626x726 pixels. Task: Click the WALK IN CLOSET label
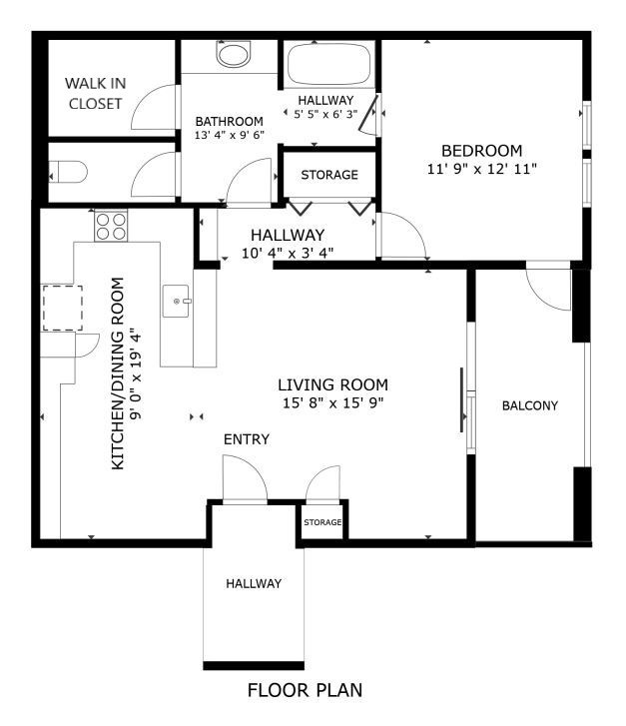(96, 94)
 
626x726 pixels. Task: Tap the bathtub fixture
(329, 64)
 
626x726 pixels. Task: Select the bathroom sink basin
(233, 54)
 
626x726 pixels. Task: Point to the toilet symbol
(68, 172)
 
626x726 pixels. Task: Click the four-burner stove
(111, 226)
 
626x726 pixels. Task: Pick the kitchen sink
(177, 301)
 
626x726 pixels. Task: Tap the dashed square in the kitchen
(63, 308)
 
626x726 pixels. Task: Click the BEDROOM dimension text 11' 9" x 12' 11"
(481, 169)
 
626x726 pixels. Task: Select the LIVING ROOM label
(332, 384)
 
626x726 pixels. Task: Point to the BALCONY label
(530, 405)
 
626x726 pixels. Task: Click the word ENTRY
(247, 439)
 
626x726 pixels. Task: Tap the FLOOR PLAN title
(306, 690)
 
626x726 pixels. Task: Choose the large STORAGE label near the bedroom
(329, 175)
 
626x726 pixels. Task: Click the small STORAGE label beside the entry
(322, 522)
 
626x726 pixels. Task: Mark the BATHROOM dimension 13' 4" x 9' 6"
(230, 136)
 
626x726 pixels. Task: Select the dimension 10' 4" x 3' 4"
(288, 254)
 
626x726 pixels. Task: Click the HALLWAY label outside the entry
(254, 583)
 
